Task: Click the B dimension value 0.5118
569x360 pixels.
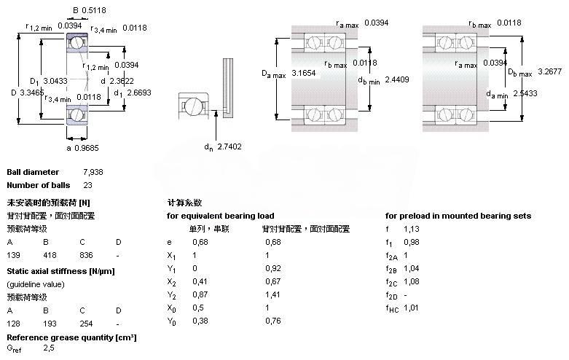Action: [x=93, y=11]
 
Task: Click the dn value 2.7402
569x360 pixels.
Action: [x=231, y=147]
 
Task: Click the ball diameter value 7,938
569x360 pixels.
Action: [x=94, y=172]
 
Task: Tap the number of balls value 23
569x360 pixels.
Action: [x=88, y=185]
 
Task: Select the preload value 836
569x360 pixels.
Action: [x=86, y=255]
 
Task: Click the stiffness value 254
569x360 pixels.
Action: [x=86, y=324]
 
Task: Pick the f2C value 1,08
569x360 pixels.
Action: [x=412, y=281]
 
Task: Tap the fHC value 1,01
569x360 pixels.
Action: [x=412, y=308]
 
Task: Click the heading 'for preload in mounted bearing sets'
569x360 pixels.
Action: [x=458, y=216]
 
